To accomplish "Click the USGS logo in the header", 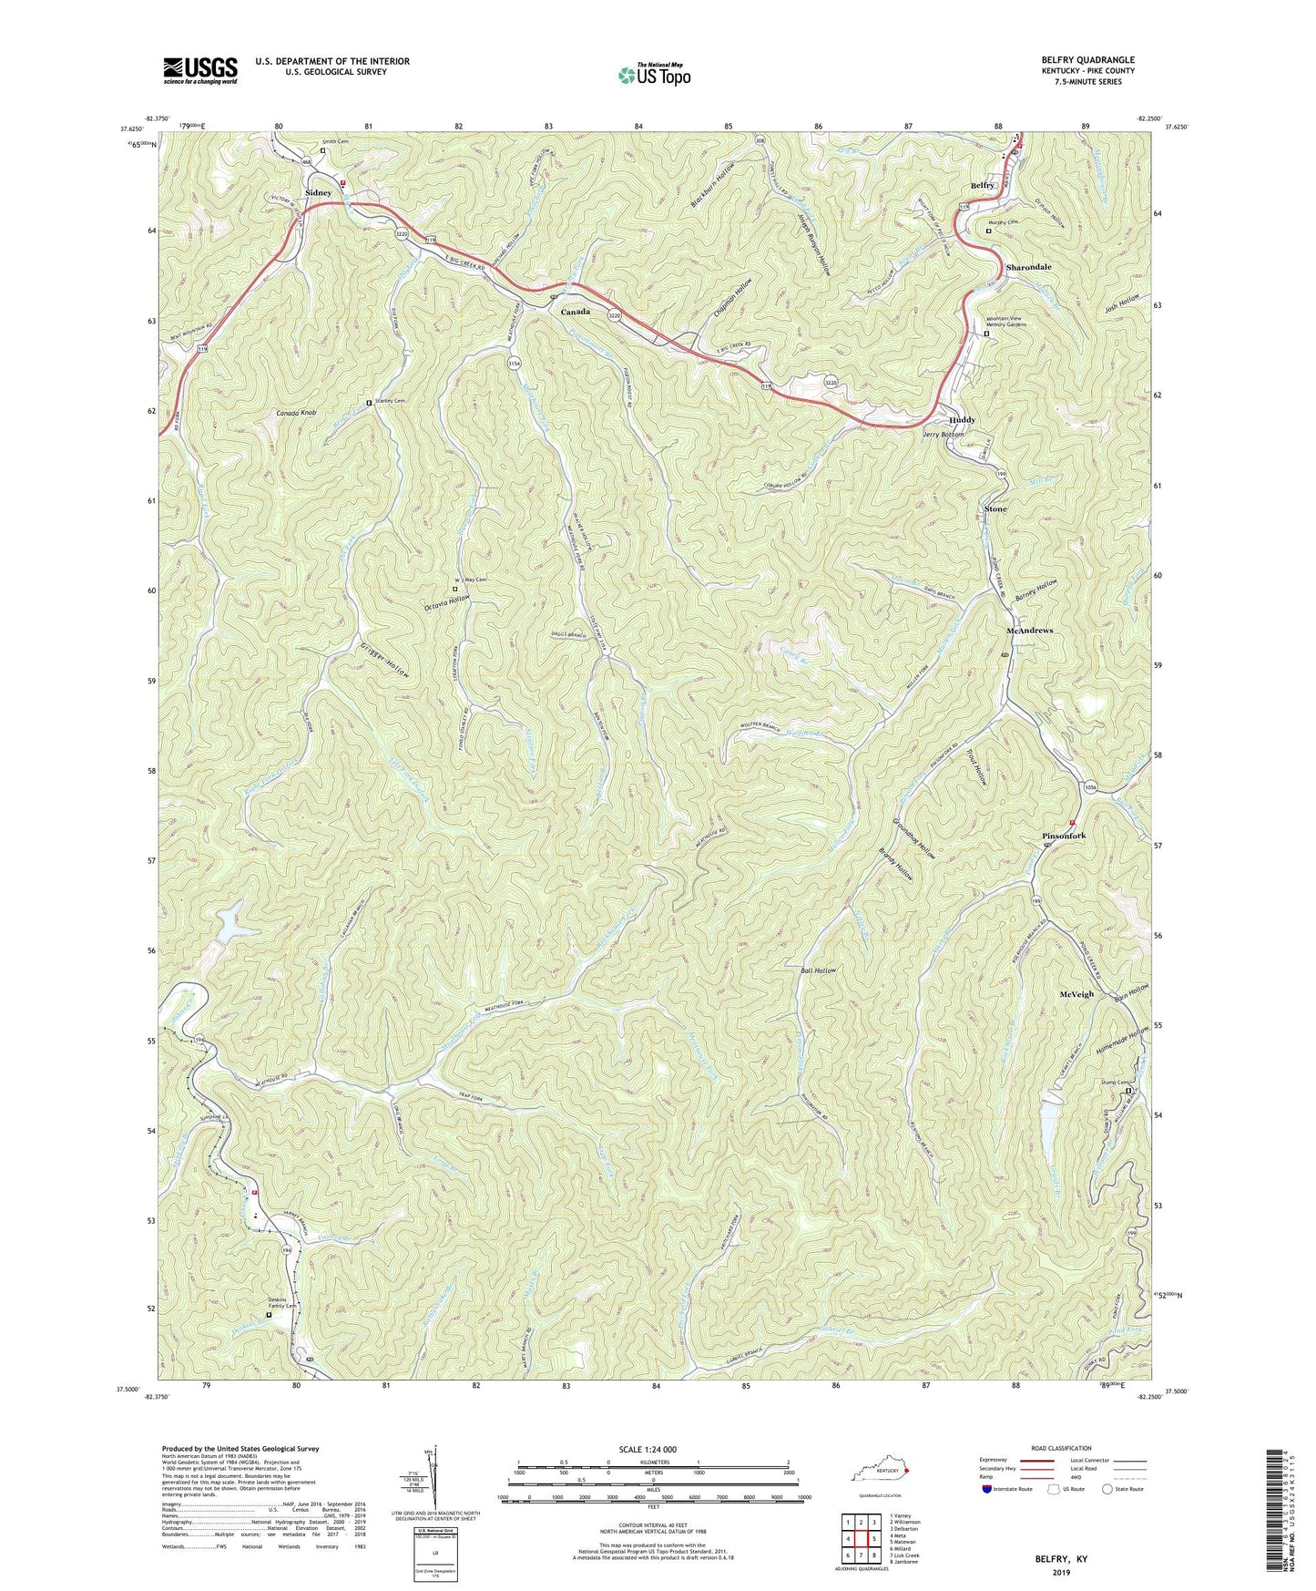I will tap(200, 70).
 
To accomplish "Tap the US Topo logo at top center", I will tap(654, 75).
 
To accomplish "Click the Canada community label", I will tap(575, 312).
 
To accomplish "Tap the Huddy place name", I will tap(962, 420).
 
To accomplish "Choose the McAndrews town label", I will tap(1029, 631).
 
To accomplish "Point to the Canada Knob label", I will tap(296, 414).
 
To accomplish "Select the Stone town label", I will tap(995, 508).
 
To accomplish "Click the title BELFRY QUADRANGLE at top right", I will tap(1087, 60).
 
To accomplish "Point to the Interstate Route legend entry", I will tap(1013, 1489).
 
